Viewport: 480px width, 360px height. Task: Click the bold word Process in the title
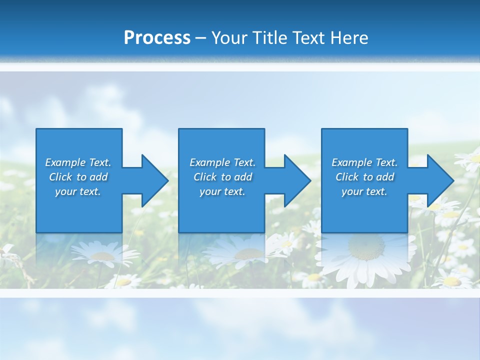(x=157, y=38)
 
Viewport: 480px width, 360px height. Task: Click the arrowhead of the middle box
(x=296, y=180)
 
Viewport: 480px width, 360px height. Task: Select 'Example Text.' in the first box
(x=78, y=162)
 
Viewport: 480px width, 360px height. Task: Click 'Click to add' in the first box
(x=78, y=177)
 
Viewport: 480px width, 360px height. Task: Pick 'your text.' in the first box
(x=78, y=191)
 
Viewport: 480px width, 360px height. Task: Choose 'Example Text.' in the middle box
(x=222, y=162)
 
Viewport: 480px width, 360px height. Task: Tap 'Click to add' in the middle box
(x=222, y=177)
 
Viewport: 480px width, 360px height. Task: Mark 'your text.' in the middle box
(x=222, y=191)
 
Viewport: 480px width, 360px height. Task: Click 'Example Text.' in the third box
(x=364, y=162)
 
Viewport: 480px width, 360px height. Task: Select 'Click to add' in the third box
(x=364, y=177)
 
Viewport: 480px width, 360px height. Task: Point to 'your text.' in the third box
(x=364, y=191)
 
